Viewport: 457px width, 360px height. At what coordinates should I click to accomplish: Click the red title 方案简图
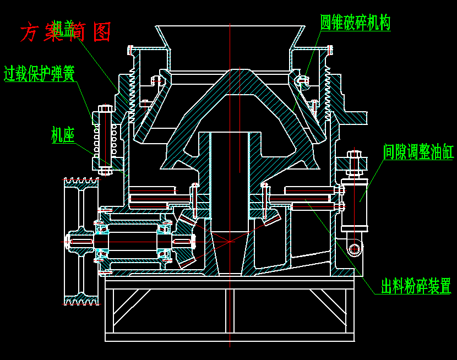click(66, 32)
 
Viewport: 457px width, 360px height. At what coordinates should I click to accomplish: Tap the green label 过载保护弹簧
click(39, 73)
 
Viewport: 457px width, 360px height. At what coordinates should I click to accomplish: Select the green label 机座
click(63, 135)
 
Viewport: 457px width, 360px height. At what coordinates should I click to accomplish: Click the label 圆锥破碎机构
click(355, 23)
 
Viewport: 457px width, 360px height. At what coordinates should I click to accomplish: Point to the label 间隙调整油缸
click(418, 151)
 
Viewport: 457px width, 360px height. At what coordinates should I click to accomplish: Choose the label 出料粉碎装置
click(416, 286)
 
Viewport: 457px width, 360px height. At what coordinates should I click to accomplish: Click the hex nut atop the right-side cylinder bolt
click(354, 156)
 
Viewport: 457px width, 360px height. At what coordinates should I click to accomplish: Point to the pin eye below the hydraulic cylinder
click(355, 249)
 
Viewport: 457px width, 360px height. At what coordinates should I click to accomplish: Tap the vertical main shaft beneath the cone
click(230, 176)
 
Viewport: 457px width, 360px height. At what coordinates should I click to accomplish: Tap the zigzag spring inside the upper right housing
click(328, 94)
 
